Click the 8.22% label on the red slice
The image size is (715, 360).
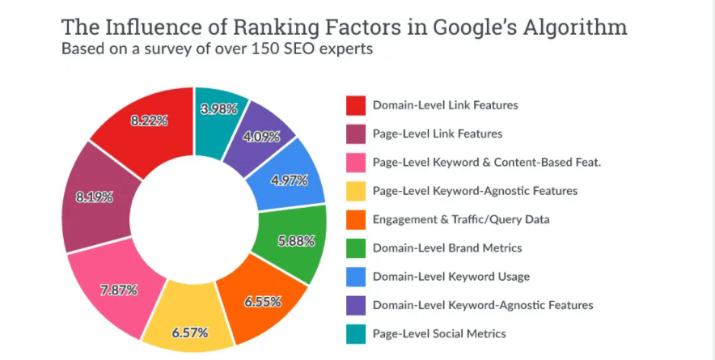coord(149,121)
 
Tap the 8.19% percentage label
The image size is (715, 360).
coord(95,197)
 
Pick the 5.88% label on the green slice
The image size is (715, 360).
coord(292,239)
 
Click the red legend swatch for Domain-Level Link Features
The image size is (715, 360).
coord(356,105)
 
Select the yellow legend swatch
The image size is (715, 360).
coord(356,191)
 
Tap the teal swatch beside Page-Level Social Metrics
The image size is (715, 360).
coord(356,334)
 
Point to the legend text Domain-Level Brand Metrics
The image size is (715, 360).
coord(447,248)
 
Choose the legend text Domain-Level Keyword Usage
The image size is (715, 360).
coord(451,277)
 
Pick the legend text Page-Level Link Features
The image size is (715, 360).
coord(438,133)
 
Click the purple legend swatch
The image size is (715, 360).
coord(356,305)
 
